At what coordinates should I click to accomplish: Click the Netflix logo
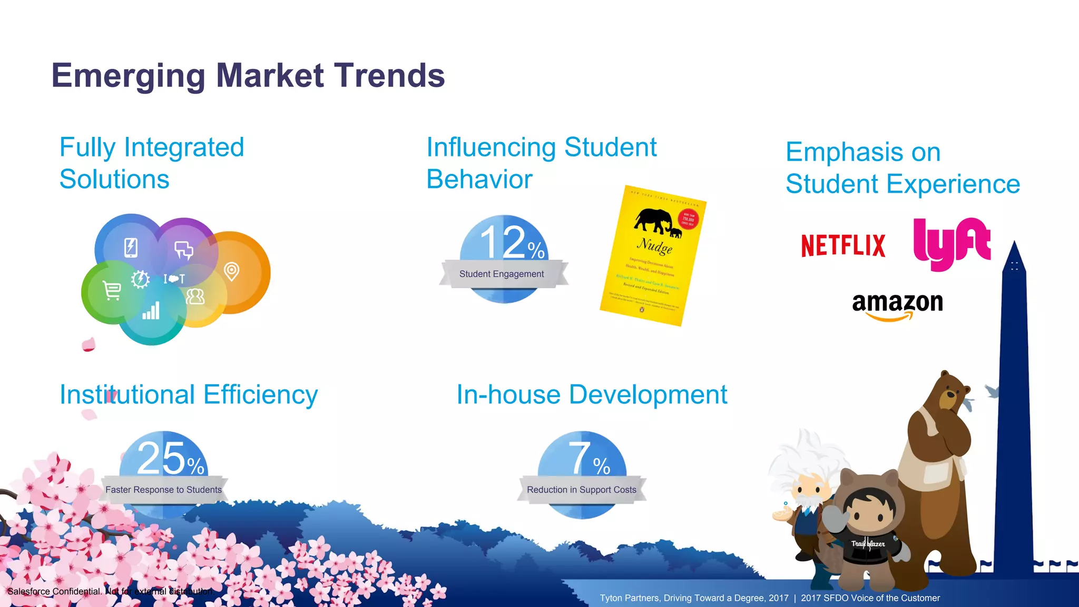click(x=843, y=245)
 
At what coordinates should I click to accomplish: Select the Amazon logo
click(x=897, y=306)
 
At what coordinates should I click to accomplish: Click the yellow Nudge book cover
click(x=653, y=256)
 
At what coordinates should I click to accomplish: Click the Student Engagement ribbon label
click(x=502, y=274)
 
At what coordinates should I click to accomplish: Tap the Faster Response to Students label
click(x=163, y=490)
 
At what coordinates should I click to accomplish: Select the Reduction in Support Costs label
click(x=582, y=490)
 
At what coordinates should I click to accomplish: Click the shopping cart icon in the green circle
click(x=112, y=290)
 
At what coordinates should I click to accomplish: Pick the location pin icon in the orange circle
click(x=231, y=271)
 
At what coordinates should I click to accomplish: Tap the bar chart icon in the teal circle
click(x=151, y=311)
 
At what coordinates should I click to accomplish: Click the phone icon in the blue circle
click(x=131, y=247)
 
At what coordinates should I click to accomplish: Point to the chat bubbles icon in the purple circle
click(x=184, y=250)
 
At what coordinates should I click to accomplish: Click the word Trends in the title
click(x=389, y=75)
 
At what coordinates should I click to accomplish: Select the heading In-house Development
click(x=591, y=394)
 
